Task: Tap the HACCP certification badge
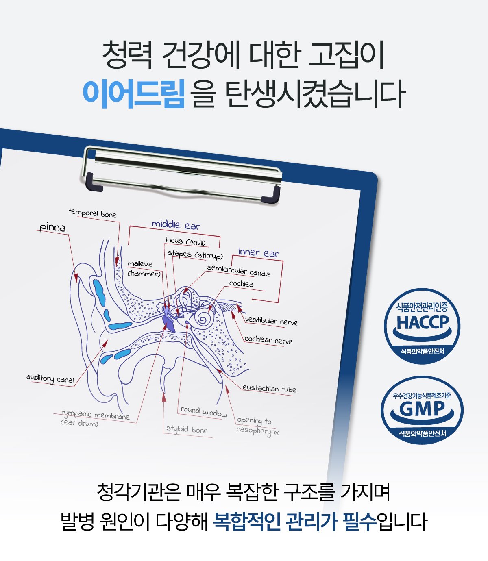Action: [x=422, y=326]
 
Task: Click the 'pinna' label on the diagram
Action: [x=53, y=228]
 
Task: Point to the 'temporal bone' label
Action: [x=92, y=213]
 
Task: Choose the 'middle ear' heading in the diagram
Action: [x=176, y=224]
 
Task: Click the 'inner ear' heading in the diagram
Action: [x=258, y=253]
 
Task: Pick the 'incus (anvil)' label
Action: [x=185, y=241]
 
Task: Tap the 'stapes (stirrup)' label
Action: [x=195, y=255]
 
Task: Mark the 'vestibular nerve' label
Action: [x=271, y=321]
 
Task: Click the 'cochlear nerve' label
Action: [x=268, y=340]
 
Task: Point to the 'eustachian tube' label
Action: [x=269, y=389]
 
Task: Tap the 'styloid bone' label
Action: [x=187, y=429]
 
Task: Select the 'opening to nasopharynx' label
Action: [x=257, y=426]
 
